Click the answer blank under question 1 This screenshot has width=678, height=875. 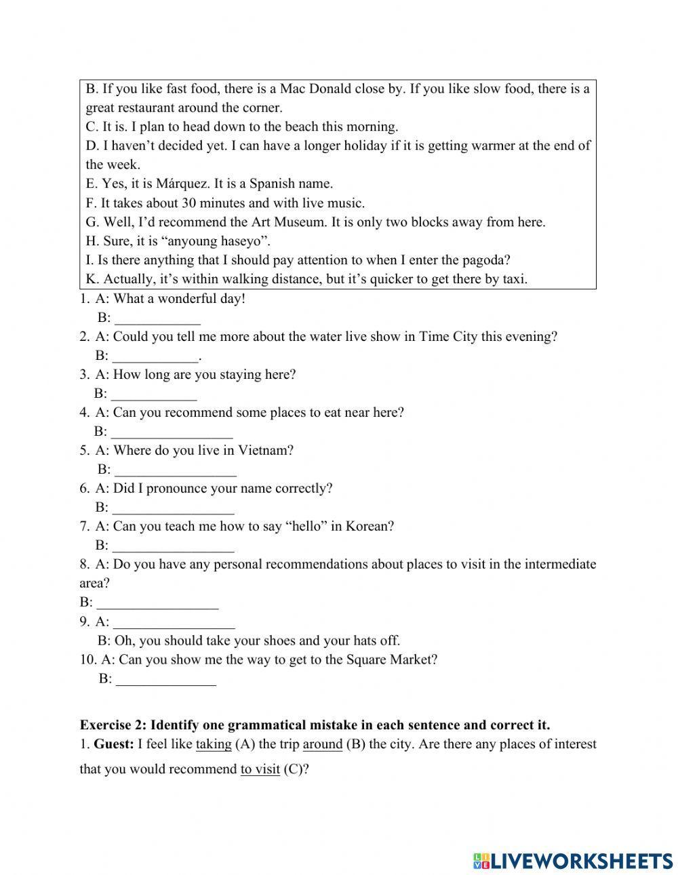tap(157, 319)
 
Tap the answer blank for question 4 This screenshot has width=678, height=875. tap(172, 432)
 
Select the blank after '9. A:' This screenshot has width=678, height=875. tap(174, 622)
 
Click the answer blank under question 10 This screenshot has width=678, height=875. tap(166, 679)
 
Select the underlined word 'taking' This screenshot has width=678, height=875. tap(214, 744)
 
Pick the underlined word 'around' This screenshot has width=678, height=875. tap(322, 744)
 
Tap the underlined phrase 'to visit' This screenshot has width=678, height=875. tap(260, 770)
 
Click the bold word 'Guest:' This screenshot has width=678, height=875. tap(113, 744)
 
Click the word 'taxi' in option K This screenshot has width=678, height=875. tap(513, 279)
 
